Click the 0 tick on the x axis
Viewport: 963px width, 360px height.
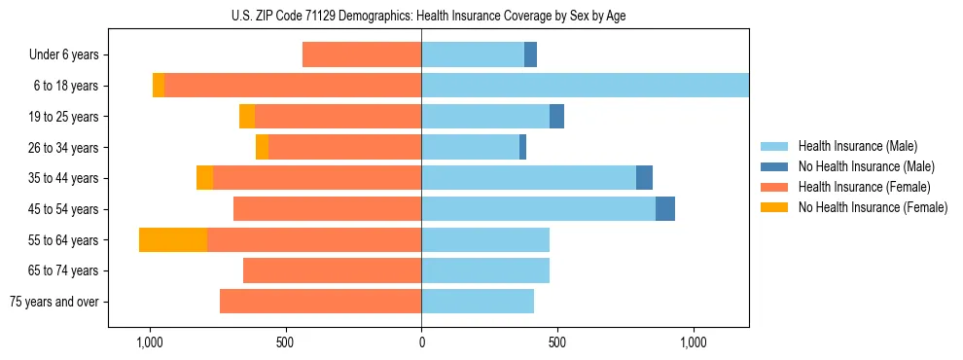pos(421,342)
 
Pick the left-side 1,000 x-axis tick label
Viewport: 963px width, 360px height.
pos(149,342)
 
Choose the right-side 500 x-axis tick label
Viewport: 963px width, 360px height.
pos(557,342)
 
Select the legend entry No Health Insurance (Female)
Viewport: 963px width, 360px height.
pos(872,207)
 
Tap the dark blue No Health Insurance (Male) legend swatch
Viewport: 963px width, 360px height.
pos(774,167)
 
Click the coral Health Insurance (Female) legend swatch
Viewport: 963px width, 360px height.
pos(774,187)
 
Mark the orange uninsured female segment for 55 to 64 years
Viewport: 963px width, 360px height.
pos(173,239)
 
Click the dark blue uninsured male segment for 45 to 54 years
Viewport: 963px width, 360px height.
pos(665,209)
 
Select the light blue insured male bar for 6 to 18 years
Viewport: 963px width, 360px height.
pos(585,86)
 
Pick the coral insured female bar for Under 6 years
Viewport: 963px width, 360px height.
pos(362,54)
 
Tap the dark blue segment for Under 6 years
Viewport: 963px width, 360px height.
pos(530,54)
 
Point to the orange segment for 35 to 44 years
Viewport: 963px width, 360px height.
pos(204,178)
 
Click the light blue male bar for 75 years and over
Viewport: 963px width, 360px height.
pos(478,302)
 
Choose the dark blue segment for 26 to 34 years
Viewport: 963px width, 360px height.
pos(522,147)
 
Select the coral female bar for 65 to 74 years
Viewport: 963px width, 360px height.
pos(332,270)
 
